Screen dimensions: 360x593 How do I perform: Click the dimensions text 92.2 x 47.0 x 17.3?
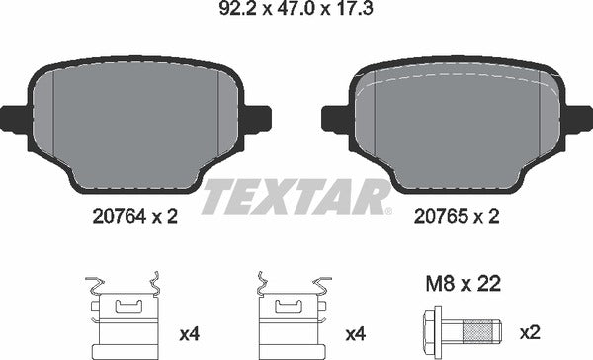click(x=296, y=13)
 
